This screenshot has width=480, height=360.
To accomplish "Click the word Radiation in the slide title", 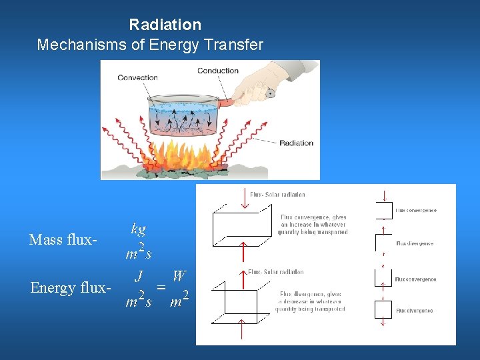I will (165, 25).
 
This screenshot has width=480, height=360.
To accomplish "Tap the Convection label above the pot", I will (138, 77).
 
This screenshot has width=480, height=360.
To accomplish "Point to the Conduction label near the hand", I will (217, 71).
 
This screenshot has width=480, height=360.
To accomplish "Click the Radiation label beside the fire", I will (296, 143).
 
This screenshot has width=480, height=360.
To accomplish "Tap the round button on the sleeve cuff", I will (271, 93).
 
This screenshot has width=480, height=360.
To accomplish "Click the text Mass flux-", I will (64, 239).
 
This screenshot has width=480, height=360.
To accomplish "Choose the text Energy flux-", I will (70, 287).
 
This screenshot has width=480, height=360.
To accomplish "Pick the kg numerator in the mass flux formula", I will (139, 229).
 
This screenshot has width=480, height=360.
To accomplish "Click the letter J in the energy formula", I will (139, 275).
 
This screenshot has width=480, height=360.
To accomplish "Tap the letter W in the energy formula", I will (179, 275).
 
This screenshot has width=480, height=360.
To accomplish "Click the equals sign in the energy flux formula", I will (161, 287).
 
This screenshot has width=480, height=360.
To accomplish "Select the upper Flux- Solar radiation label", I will (277, 195).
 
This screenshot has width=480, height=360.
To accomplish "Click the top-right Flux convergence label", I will (416, 210).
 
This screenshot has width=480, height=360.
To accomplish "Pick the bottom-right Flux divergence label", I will (415, 311).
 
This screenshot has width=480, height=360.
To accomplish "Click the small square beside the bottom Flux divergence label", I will (383, 309).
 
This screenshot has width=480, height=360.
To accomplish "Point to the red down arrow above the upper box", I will (245, 199).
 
